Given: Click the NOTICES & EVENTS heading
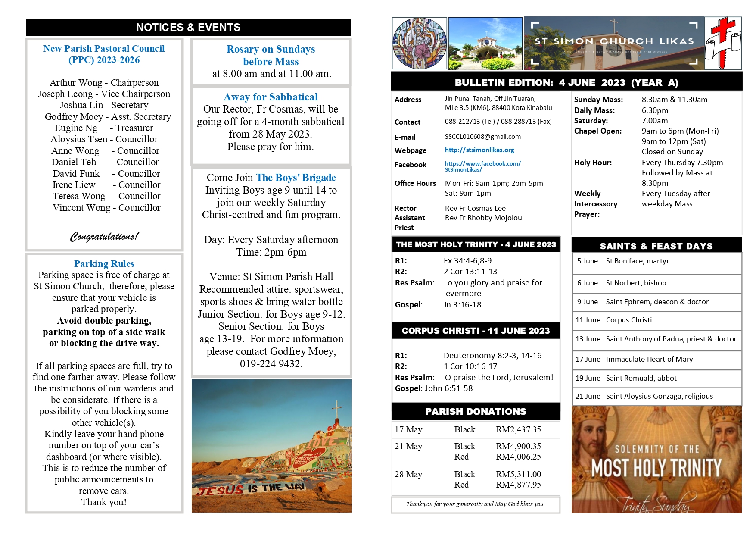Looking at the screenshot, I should [x=188, y=27].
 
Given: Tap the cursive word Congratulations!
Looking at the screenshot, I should [x=104, y=236].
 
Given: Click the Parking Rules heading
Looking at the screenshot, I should [x=104, y=263].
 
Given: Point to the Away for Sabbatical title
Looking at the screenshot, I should [x=271, y=97].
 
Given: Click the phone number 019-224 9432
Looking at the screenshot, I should [x=271, y=364].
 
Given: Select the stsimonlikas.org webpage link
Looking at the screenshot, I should [x=479, y=150].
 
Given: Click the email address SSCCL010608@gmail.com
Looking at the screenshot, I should [x=482, y=137].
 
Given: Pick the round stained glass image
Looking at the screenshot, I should [x=419, y=43].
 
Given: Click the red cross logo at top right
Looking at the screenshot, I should [x=722, y=43].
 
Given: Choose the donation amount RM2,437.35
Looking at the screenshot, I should [x=518, y=429].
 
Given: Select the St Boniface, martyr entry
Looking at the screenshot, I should [x=637, y=261].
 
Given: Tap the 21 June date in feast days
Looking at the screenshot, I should [x=588, y=396].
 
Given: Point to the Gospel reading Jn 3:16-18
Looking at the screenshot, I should [x=462, y=305].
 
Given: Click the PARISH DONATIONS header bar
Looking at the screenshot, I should [x=476, y=411].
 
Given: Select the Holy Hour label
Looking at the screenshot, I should [x=593, y=163].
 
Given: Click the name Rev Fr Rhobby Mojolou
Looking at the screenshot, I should [x=483, y=218].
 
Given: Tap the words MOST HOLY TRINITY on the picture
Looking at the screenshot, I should [x=656, y=468].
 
